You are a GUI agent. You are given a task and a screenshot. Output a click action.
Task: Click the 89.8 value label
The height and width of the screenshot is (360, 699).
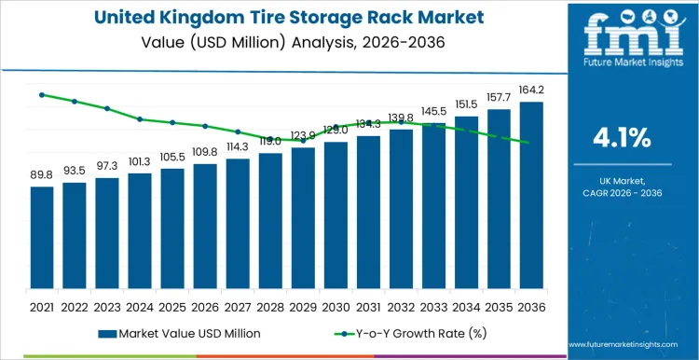(x=42, y=174)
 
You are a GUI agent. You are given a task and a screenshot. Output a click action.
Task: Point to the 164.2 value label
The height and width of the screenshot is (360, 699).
(x=531, y=90)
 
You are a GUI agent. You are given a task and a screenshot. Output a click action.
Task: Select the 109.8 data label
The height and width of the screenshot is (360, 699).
(x=205, y=151)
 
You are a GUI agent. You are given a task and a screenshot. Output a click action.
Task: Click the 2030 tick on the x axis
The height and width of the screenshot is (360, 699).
(x=336, y=306)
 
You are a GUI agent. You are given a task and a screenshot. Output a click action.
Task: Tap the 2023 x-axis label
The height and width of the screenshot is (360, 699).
(x=107, y=306)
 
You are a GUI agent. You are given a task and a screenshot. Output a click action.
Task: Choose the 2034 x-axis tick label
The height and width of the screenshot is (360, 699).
(x=466, y=306)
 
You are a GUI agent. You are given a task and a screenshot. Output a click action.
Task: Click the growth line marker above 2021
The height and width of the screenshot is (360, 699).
(x=42, y=94)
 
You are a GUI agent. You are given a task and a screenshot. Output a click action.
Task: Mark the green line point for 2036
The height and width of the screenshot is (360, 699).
(x=531, y=143)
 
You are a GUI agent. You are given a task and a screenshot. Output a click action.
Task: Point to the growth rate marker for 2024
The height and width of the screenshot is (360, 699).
(x=140, y=119)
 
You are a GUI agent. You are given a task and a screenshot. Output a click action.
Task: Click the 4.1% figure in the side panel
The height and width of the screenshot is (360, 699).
(x=622, y=138)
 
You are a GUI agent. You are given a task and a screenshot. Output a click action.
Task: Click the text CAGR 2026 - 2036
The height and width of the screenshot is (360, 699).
(x=622, y=191)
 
